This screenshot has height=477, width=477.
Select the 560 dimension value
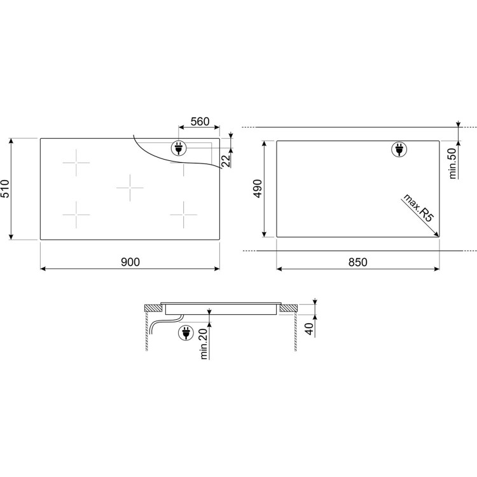pyautogui.click(x=200, y=121)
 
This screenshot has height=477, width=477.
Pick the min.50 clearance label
pyautogui.click(x=453, y=163)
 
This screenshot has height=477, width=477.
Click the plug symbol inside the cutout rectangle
pyautogui.click(x=399, y=150)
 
